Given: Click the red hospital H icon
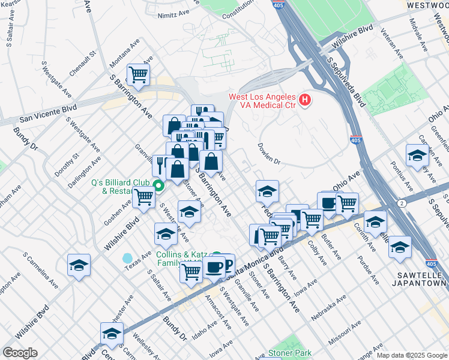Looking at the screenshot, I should tap(305, 100).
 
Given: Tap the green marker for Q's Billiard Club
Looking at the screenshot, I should tap(158, 186).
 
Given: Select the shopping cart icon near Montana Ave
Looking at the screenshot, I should tap(138, 74).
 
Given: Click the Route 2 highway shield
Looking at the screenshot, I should tap(399, 204).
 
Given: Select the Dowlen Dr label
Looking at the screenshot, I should tap(269, 153).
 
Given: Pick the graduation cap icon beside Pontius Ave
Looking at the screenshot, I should tap(417, 155).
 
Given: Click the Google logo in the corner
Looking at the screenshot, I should tap(20, 353).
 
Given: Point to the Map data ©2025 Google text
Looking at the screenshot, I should tap(411, 355).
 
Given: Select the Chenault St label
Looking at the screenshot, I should tap(84, 62).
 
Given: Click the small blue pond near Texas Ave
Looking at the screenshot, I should tap(128, 259).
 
